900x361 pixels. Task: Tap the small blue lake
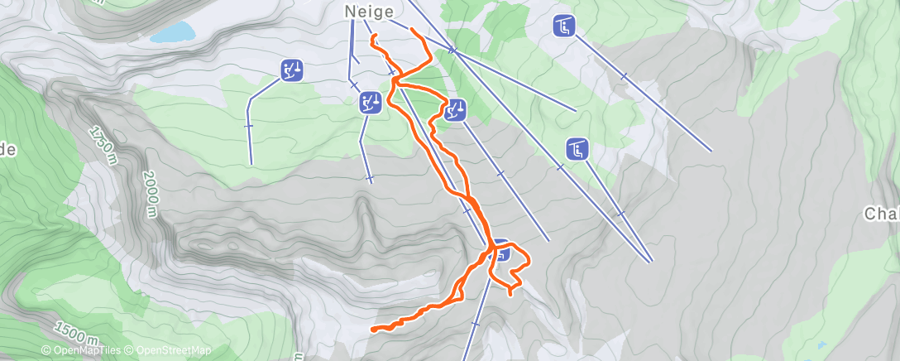[173, 33]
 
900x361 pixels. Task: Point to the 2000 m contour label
[150, 194]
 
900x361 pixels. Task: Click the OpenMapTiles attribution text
[86, 350]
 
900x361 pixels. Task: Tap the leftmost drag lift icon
[291, 70]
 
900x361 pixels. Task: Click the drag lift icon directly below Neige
[370, 103]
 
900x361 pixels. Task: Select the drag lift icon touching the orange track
[455, 109]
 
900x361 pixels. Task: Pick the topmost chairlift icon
[563, 26]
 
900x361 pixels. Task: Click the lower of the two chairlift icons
[577, 150]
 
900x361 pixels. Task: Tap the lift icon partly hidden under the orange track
[500, 251]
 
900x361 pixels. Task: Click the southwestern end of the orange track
[373, 330]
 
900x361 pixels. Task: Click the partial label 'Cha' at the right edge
[882, 214]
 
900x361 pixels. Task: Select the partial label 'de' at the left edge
[7, 150]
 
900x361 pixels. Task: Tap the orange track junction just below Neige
[395, 80]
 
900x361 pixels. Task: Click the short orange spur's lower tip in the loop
[510, 291]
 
